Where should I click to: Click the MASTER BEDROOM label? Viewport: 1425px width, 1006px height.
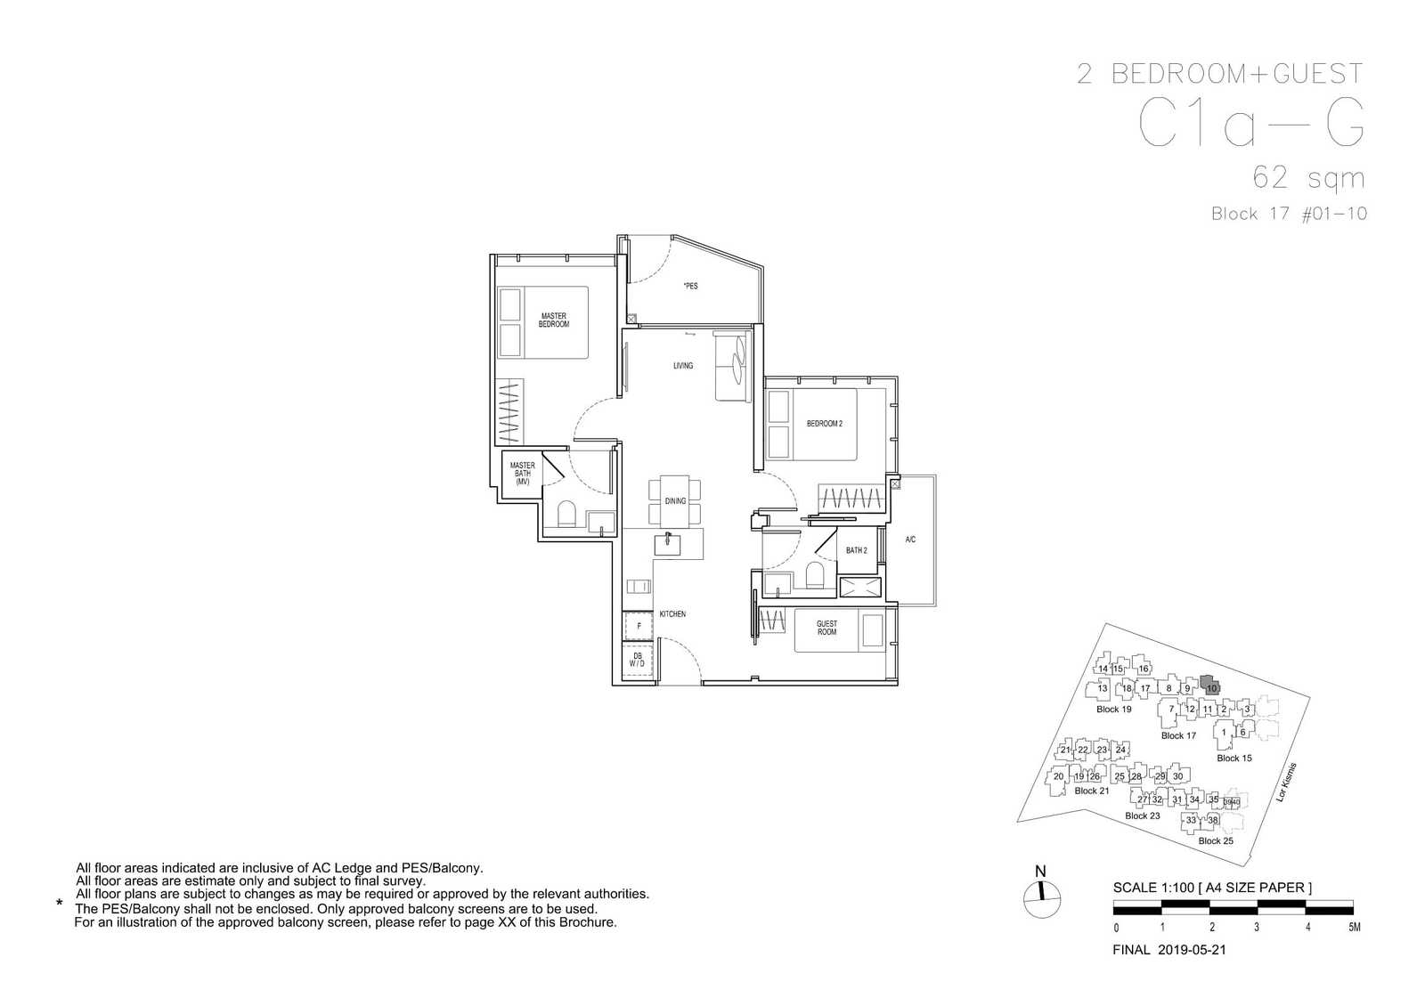pos(553,320)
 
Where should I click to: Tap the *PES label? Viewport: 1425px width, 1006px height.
pos(690,286)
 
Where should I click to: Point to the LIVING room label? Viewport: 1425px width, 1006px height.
pos(683,366)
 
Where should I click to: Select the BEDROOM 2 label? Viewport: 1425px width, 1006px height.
pos(825,424)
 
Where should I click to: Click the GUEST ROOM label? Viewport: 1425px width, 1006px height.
pos(827,628)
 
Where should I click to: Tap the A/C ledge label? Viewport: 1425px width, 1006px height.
pos(910,540)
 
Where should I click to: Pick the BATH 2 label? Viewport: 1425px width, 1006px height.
pos(856,550)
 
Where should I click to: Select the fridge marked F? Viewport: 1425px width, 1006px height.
pos(638,626)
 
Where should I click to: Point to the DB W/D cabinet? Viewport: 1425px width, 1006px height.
pos(638,660)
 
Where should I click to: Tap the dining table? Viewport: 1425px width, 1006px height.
pos(675,501)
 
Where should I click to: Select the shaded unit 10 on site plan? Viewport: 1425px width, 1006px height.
pos(1210,686)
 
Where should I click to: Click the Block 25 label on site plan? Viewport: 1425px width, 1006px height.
pos(1216,840)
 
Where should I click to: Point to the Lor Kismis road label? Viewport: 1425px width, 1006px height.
pos(1286,782)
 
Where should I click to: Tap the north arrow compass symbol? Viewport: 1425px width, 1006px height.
pos(1042,900)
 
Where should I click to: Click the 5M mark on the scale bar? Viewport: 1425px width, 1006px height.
pos(1355,927)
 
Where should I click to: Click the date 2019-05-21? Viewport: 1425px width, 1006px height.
pos(1192,950)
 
